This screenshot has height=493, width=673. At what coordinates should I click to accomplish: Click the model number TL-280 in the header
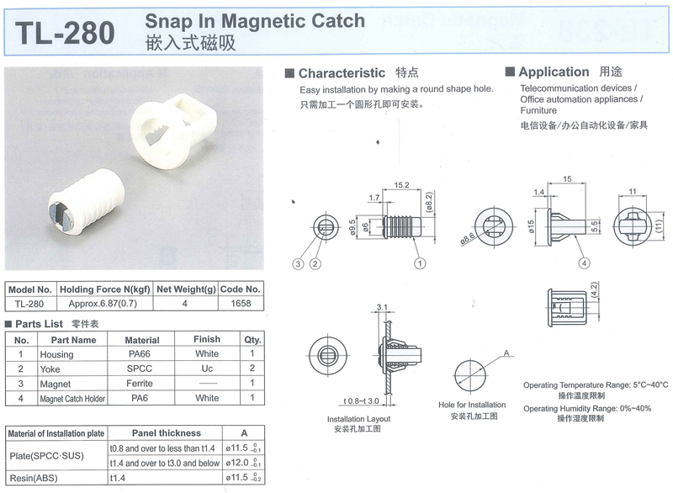point(65,33)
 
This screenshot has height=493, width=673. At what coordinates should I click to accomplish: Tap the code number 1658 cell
point(241,304)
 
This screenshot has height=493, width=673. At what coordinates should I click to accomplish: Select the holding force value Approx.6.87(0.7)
point(103,304)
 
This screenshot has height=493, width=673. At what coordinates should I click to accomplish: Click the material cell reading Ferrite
point(140,383)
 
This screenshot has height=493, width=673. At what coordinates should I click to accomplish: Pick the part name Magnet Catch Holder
point(72,399)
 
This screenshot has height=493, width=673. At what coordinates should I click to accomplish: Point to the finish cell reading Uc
point(207,368)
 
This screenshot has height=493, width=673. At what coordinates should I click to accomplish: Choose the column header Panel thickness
point(167,433)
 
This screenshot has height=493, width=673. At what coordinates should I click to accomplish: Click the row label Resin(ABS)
point(34,478)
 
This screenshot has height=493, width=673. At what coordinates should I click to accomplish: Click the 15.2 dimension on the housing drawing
point(401,185)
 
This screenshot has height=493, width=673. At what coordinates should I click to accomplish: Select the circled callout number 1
point(420,263)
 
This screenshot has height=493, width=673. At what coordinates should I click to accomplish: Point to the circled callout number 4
point(584,263)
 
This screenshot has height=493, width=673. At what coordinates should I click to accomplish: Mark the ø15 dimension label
point(531,226)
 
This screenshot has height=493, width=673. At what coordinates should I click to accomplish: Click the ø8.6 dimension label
point(468,239)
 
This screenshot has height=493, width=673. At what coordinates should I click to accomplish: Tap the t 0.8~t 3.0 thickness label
point(361,401)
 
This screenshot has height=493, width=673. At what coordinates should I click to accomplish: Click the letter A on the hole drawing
point(506,353)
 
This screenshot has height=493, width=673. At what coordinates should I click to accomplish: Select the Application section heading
point(554,72)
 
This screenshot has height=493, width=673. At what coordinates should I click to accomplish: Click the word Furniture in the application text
point(538,110)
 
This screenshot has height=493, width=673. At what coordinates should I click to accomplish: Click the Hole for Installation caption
point(472,405)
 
